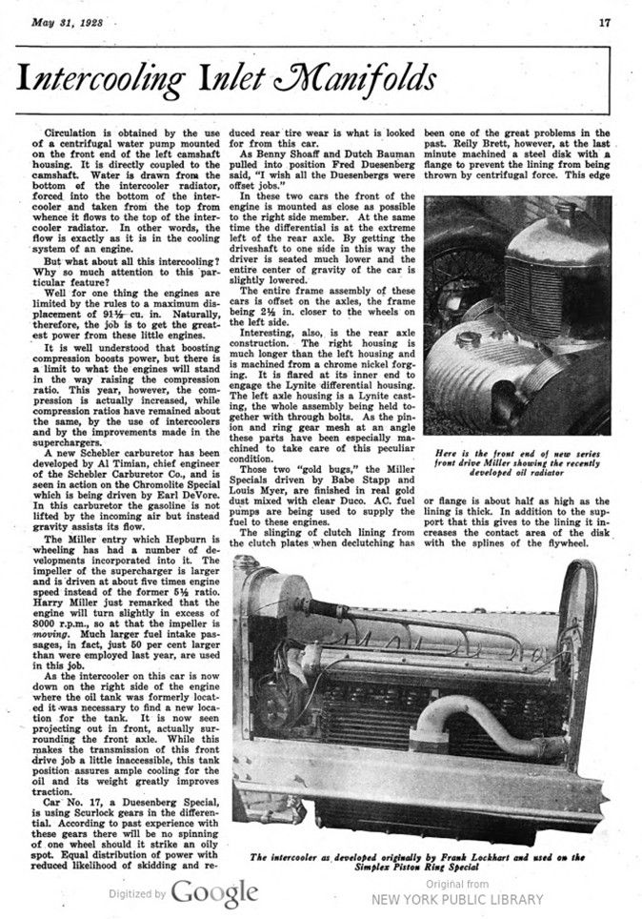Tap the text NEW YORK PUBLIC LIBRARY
457,898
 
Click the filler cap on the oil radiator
469,339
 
